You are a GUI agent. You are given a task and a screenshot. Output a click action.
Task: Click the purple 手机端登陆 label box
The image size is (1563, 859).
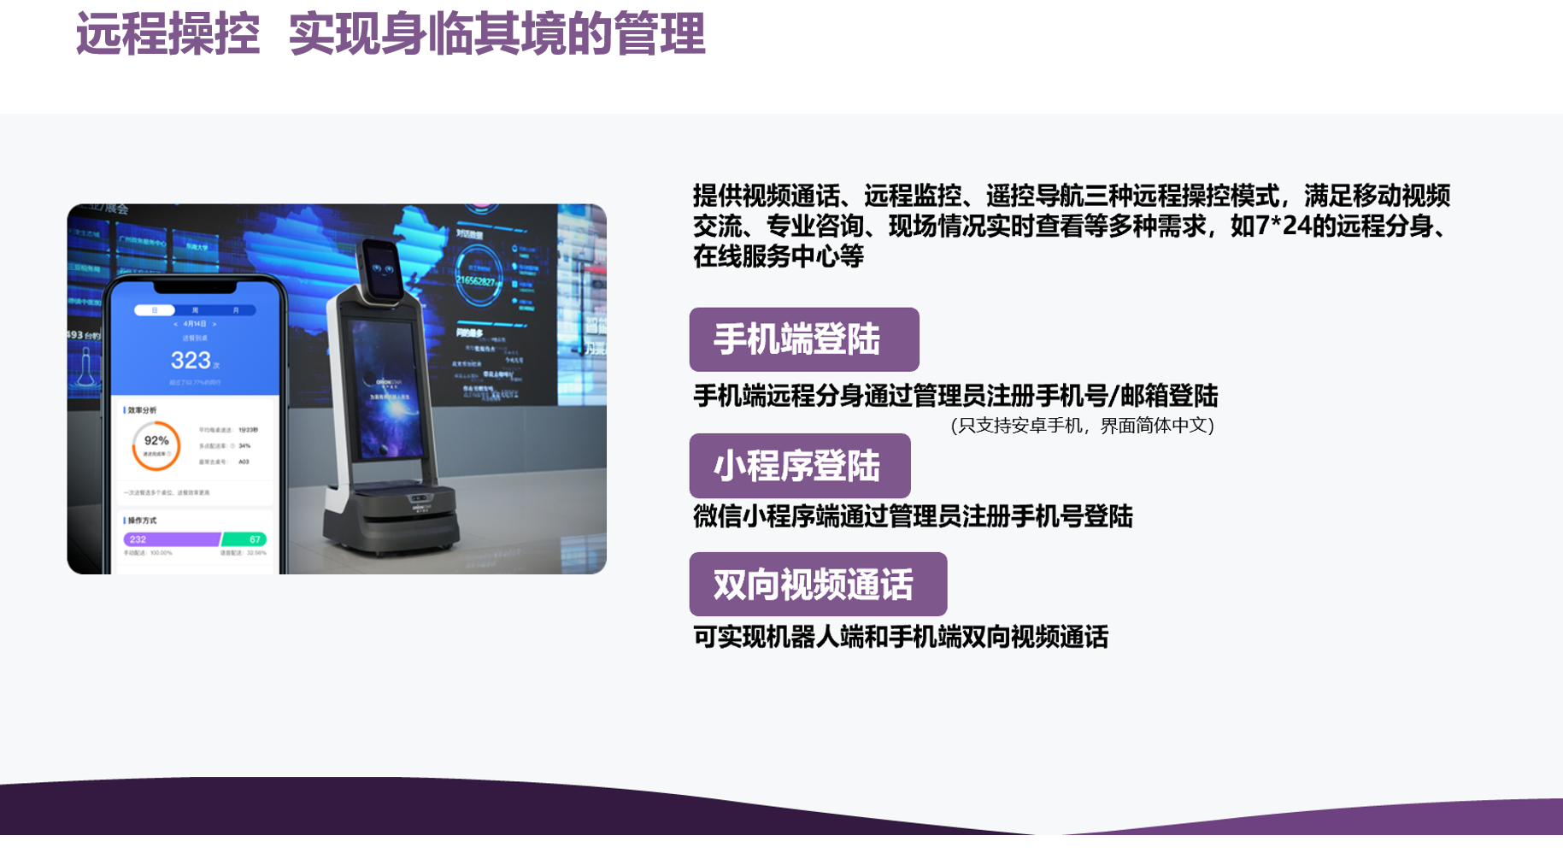click(803, 339)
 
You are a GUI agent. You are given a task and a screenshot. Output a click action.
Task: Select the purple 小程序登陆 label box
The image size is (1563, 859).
click(799, 466)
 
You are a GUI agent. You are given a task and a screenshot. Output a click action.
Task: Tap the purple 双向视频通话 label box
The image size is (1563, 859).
click(817, 585)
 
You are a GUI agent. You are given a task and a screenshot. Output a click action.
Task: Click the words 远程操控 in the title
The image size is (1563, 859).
click(167, 35)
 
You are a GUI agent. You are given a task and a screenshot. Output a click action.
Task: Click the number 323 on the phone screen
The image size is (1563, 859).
click(191, 360)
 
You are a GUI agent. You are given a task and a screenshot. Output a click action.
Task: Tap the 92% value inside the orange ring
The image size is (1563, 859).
click(156, 441)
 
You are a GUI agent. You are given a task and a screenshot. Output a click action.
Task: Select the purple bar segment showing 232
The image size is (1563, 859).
click(171, 539)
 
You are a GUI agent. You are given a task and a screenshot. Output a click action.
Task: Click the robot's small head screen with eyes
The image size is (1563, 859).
click(381, 270)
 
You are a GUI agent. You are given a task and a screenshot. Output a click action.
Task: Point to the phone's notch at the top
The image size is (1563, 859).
click(195, 287)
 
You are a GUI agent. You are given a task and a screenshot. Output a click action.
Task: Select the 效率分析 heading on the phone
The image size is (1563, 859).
click(142, 410)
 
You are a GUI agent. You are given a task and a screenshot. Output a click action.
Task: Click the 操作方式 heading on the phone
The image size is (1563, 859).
click(142, 521)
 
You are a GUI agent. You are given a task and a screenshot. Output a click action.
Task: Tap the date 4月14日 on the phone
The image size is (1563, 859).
click(195, 324)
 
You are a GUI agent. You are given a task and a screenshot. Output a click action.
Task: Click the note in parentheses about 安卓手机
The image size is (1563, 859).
click(1082, 426)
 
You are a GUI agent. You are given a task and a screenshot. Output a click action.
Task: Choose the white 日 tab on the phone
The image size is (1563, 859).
click(155, 310)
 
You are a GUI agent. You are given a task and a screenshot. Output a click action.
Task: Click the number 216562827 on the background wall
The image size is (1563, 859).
click(475, 281)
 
